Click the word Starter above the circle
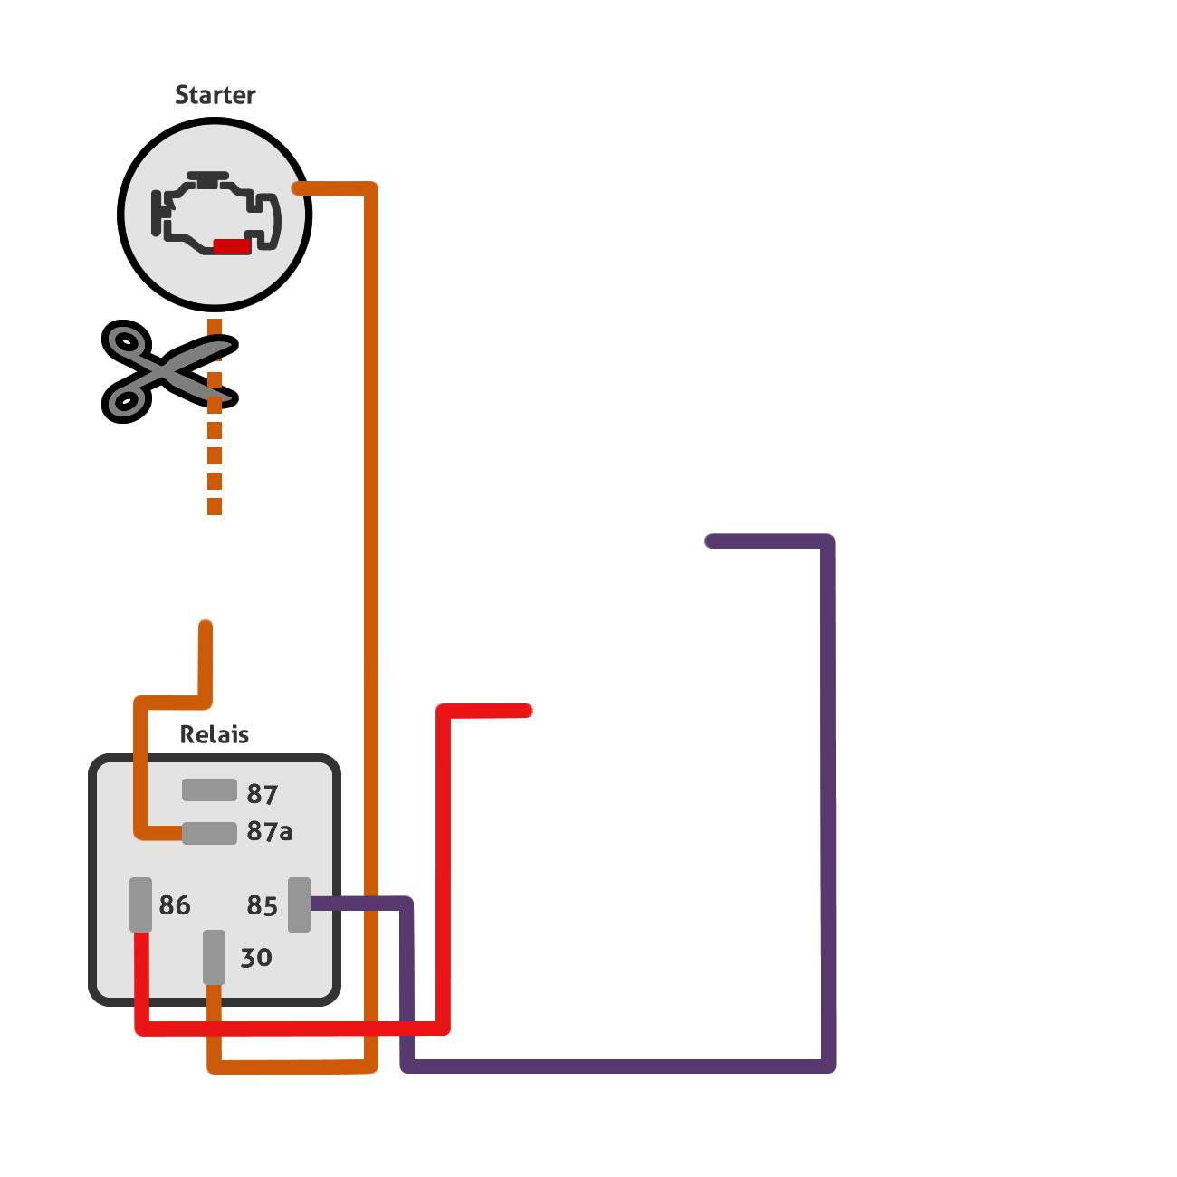[215, 95]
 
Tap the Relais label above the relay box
[215, 735]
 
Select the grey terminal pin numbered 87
[209, 789]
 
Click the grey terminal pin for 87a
[209, 833]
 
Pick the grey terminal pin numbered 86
[140, 905]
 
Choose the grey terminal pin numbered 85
[300, 905]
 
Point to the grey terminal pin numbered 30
[215, 957]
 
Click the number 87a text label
[270, 831]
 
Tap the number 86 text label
[175, 905]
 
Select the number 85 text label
[262, 905]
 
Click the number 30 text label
[256, 958]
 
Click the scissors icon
[170, 371]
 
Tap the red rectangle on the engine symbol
[232, 246]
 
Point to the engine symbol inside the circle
[215, 213]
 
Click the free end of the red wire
[527, 711]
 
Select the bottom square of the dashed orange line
[215, 506]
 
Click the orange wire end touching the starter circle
[299, 188]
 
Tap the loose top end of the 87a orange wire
[206, 627]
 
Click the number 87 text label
[262, 794]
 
